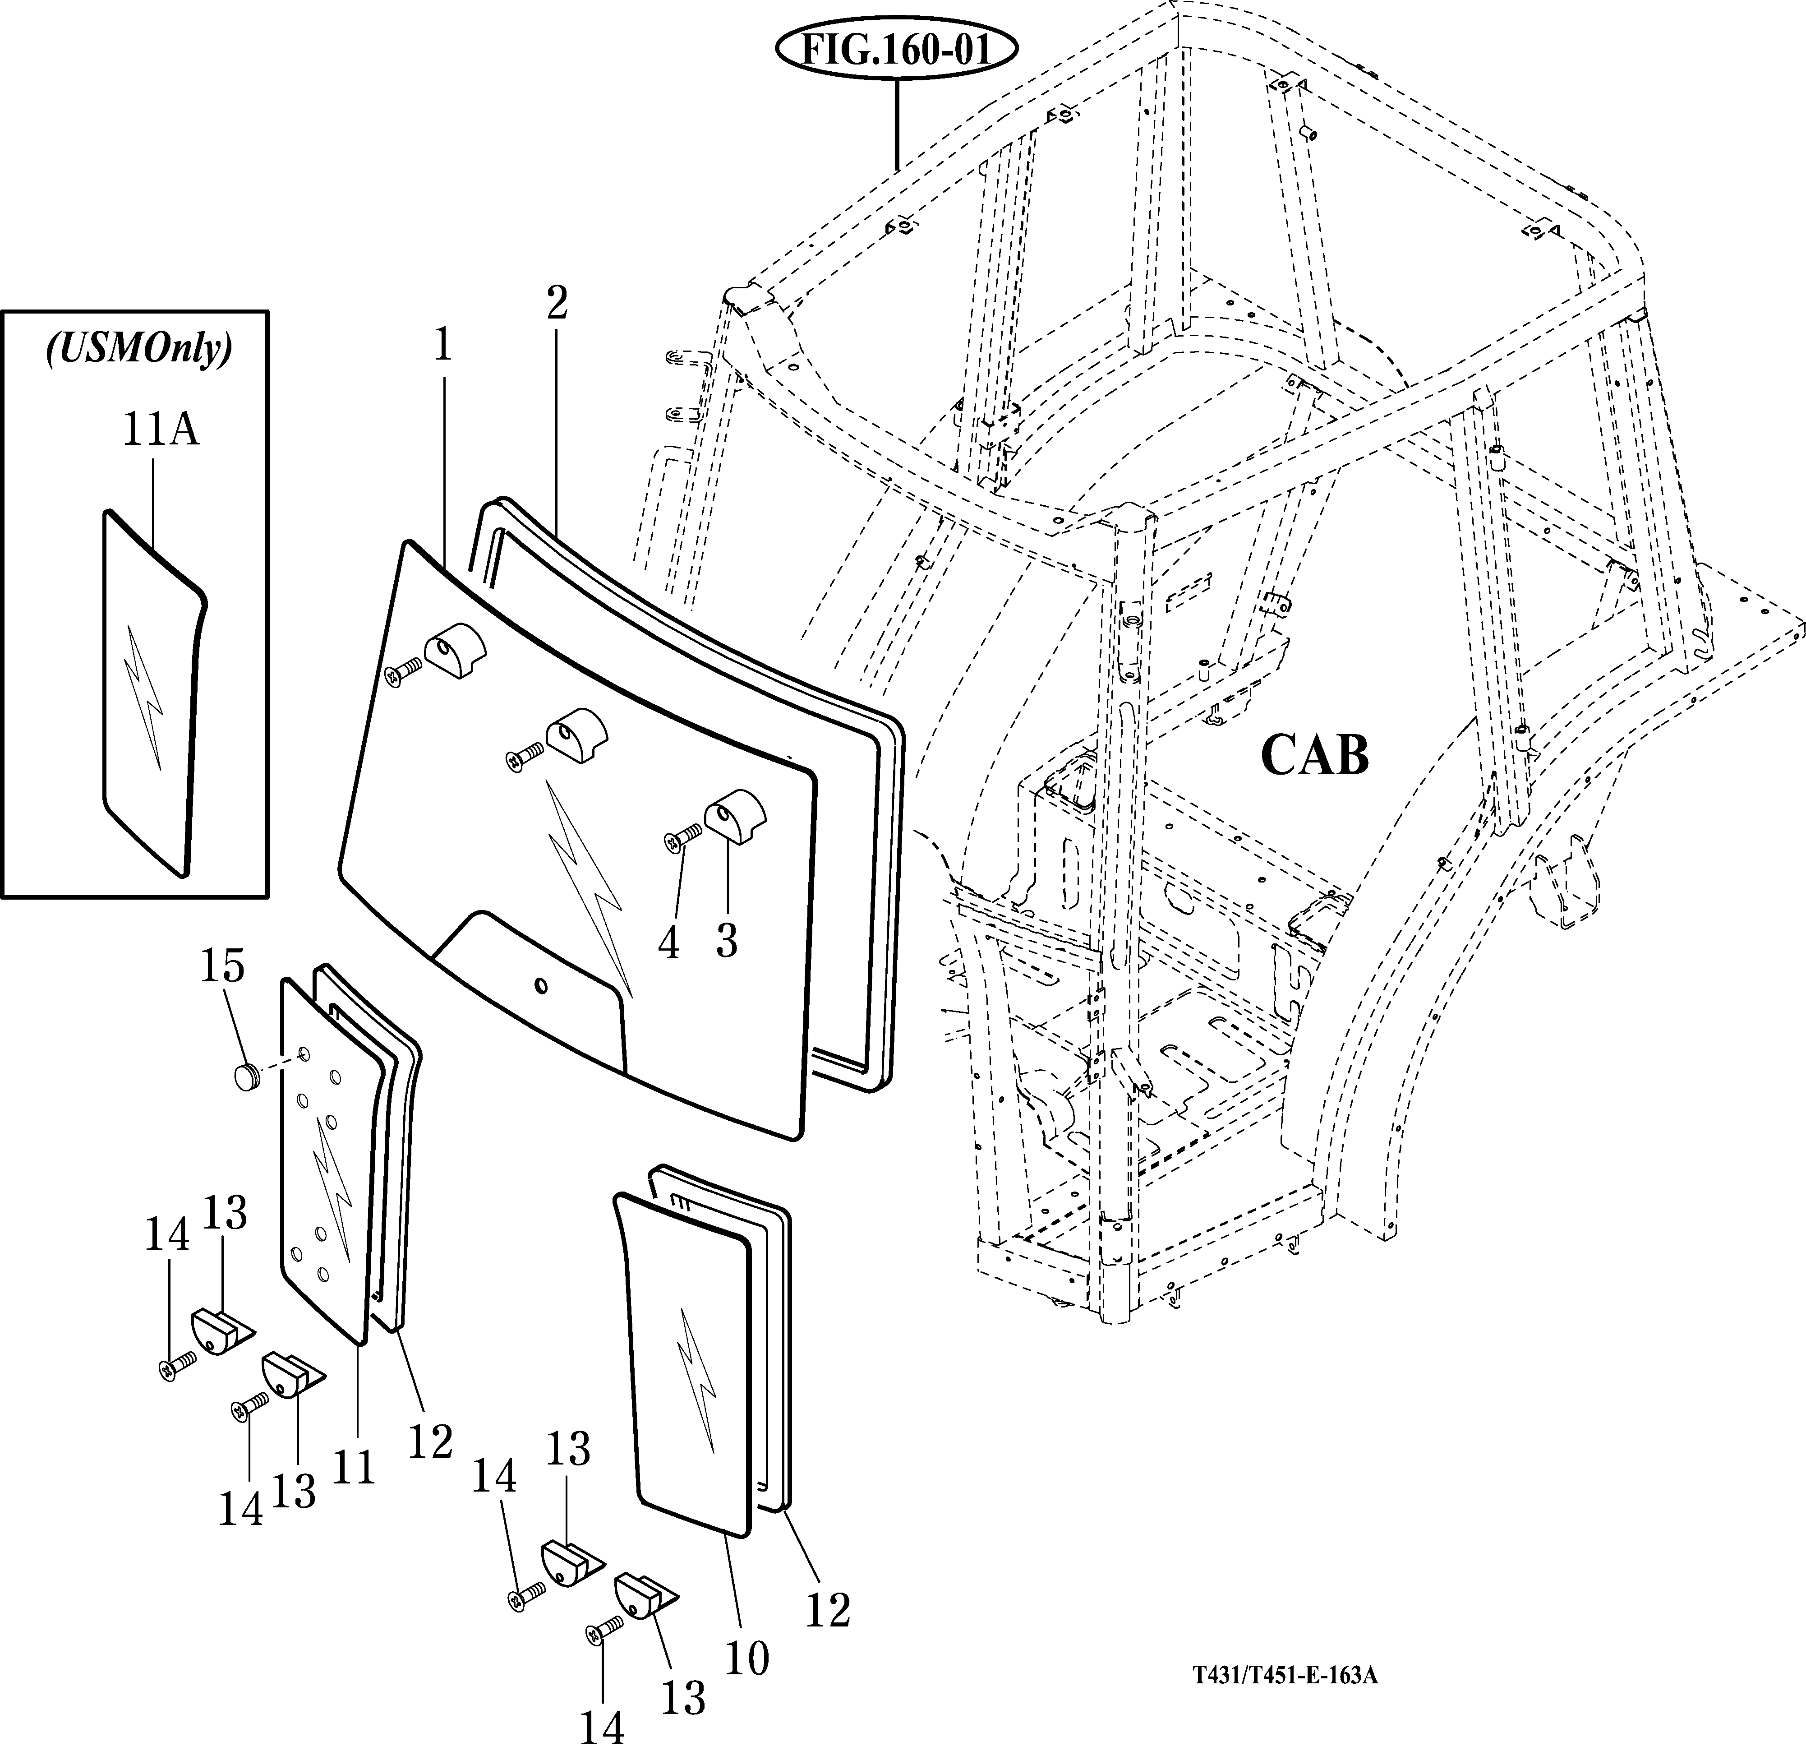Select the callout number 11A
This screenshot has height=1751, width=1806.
160,430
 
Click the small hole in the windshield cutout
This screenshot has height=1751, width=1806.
541,987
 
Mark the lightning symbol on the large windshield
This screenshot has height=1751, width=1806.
590,885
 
